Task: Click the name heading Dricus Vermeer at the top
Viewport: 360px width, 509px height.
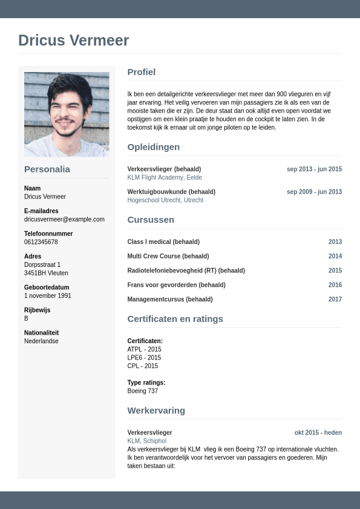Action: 73,41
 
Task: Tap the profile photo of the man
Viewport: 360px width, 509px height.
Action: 67,114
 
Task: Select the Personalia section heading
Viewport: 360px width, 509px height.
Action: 47,169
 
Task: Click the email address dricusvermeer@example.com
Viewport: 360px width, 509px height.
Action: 64,219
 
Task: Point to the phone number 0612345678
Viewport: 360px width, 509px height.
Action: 41,242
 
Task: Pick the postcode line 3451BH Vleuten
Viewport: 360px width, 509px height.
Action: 46,273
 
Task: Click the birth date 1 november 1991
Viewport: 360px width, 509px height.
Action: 48,296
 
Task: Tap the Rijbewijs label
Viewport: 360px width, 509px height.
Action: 37,310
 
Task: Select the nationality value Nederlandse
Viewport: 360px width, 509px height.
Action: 41,341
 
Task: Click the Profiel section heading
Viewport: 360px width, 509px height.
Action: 142,72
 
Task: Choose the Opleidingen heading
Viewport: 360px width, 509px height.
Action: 154,147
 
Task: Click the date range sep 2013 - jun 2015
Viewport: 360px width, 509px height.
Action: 314,169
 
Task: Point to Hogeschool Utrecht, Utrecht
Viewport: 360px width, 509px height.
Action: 165,200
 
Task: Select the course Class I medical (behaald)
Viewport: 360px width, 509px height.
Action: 163,241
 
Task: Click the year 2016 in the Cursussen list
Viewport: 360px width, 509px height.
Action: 335,285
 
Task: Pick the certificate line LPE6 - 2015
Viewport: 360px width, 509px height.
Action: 144,358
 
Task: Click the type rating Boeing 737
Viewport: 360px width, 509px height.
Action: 143,391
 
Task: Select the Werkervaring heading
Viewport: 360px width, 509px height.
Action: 156,410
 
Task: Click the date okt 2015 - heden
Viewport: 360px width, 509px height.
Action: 318,433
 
